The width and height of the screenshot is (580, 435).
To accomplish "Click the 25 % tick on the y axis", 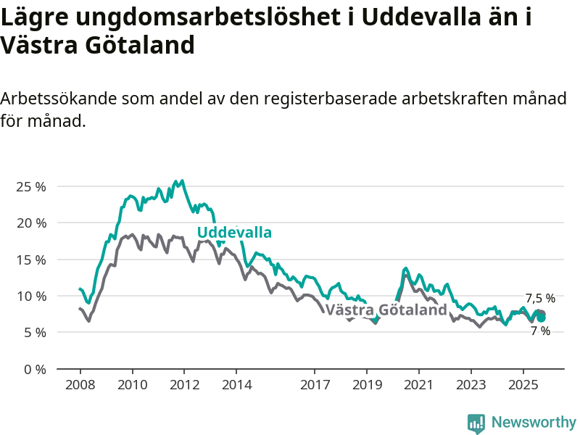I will tap(31, 186).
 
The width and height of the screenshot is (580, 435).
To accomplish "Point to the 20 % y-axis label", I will tap(31, 223).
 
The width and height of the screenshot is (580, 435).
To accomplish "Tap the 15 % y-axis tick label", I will tap(31, 260).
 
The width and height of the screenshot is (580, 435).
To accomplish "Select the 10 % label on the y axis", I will tap(31, 296).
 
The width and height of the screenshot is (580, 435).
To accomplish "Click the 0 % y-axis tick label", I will tap(34, 369).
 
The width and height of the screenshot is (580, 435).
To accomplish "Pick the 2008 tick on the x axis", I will tap(80, 384).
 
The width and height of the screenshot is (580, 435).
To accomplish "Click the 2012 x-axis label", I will tap(184, 384).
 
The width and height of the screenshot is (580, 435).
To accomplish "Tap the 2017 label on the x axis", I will tap(315, 384).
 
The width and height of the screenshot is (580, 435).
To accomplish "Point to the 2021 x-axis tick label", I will tap(419, 384).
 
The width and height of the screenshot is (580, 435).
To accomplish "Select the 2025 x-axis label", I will tap(523, 384).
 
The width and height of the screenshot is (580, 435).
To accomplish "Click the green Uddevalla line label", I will tap(234, 233).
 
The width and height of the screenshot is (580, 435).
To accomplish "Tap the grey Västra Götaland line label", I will tap(386, 310).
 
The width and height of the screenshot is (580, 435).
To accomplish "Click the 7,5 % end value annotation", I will tap(540, 298).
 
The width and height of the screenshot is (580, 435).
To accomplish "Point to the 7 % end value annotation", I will tap(540, 331).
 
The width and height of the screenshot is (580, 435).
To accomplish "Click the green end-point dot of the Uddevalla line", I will tap(541, 318).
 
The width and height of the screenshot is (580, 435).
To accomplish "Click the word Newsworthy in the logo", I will tap(534, 422).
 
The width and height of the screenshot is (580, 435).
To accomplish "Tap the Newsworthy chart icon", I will tap(476, 423).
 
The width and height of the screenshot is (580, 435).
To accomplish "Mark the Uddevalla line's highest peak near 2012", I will tap(181, 181).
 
